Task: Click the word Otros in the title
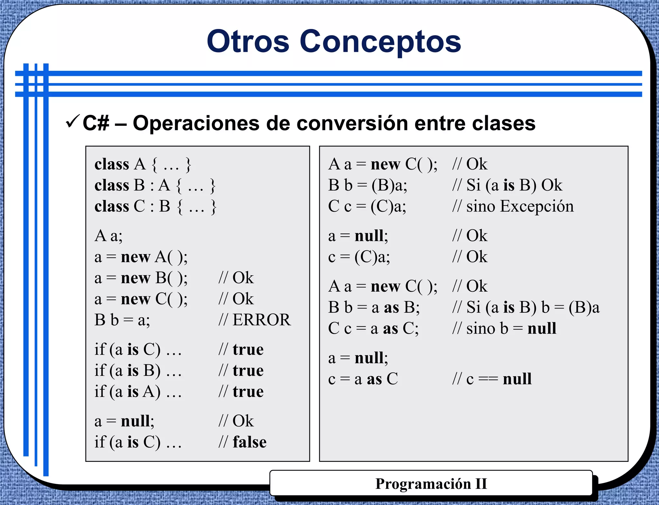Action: click(248, 41)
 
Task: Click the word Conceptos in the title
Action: click(380, 41)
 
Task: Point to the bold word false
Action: click(250, 442)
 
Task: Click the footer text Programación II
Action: click(431, 484)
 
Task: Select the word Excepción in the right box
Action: click(537, 206)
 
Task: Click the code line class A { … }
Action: click(143, 164)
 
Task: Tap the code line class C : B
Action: click(155, 207)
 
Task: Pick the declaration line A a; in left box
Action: click(108, 236)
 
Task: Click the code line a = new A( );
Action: click(141, 257)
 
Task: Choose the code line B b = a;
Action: click(122, 320)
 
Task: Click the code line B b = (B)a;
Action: click(367, 185)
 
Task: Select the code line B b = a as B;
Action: click(374, 308)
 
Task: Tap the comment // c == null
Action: click(492, 379)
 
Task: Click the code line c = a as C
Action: click(363, 379)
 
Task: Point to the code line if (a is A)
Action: click(138, 392)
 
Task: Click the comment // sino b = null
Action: click(504, 329)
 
